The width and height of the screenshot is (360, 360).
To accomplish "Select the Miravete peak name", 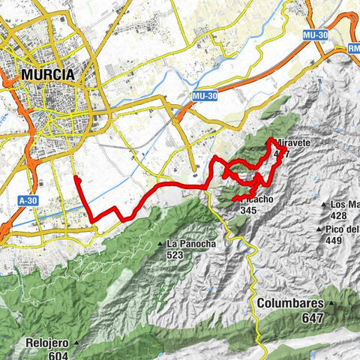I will [289, 142].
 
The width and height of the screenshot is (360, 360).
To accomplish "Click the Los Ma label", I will [345, 204].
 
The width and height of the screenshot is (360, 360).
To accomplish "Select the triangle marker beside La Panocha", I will [161, 244].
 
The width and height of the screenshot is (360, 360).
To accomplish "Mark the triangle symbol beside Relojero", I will [76, 344].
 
